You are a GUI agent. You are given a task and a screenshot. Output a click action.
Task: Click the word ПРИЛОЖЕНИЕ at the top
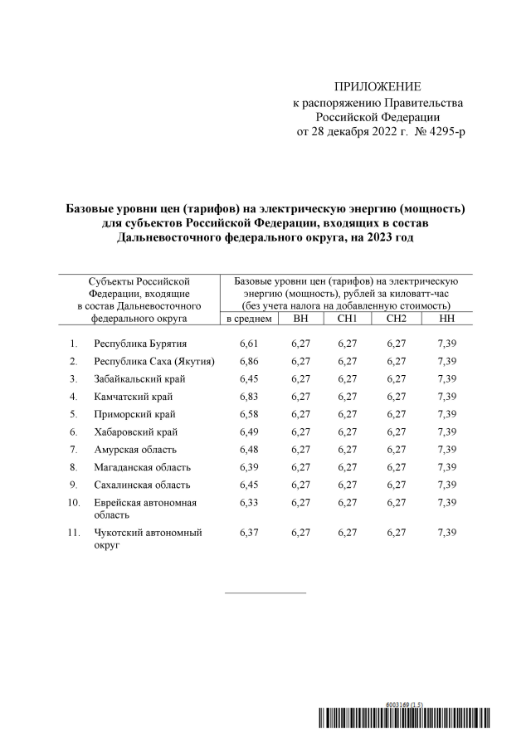point(378,87)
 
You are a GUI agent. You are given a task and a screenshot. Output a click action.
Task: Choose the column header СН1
point(347,319)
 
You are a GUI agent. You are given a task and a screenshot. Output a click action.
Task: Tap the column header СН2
point(397,319)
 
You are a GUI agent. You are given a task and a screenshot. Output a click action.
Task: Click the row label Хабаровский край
point(136,432)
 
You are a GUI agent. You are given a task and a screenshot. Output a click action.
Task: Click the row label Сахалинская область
point(142,485)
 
